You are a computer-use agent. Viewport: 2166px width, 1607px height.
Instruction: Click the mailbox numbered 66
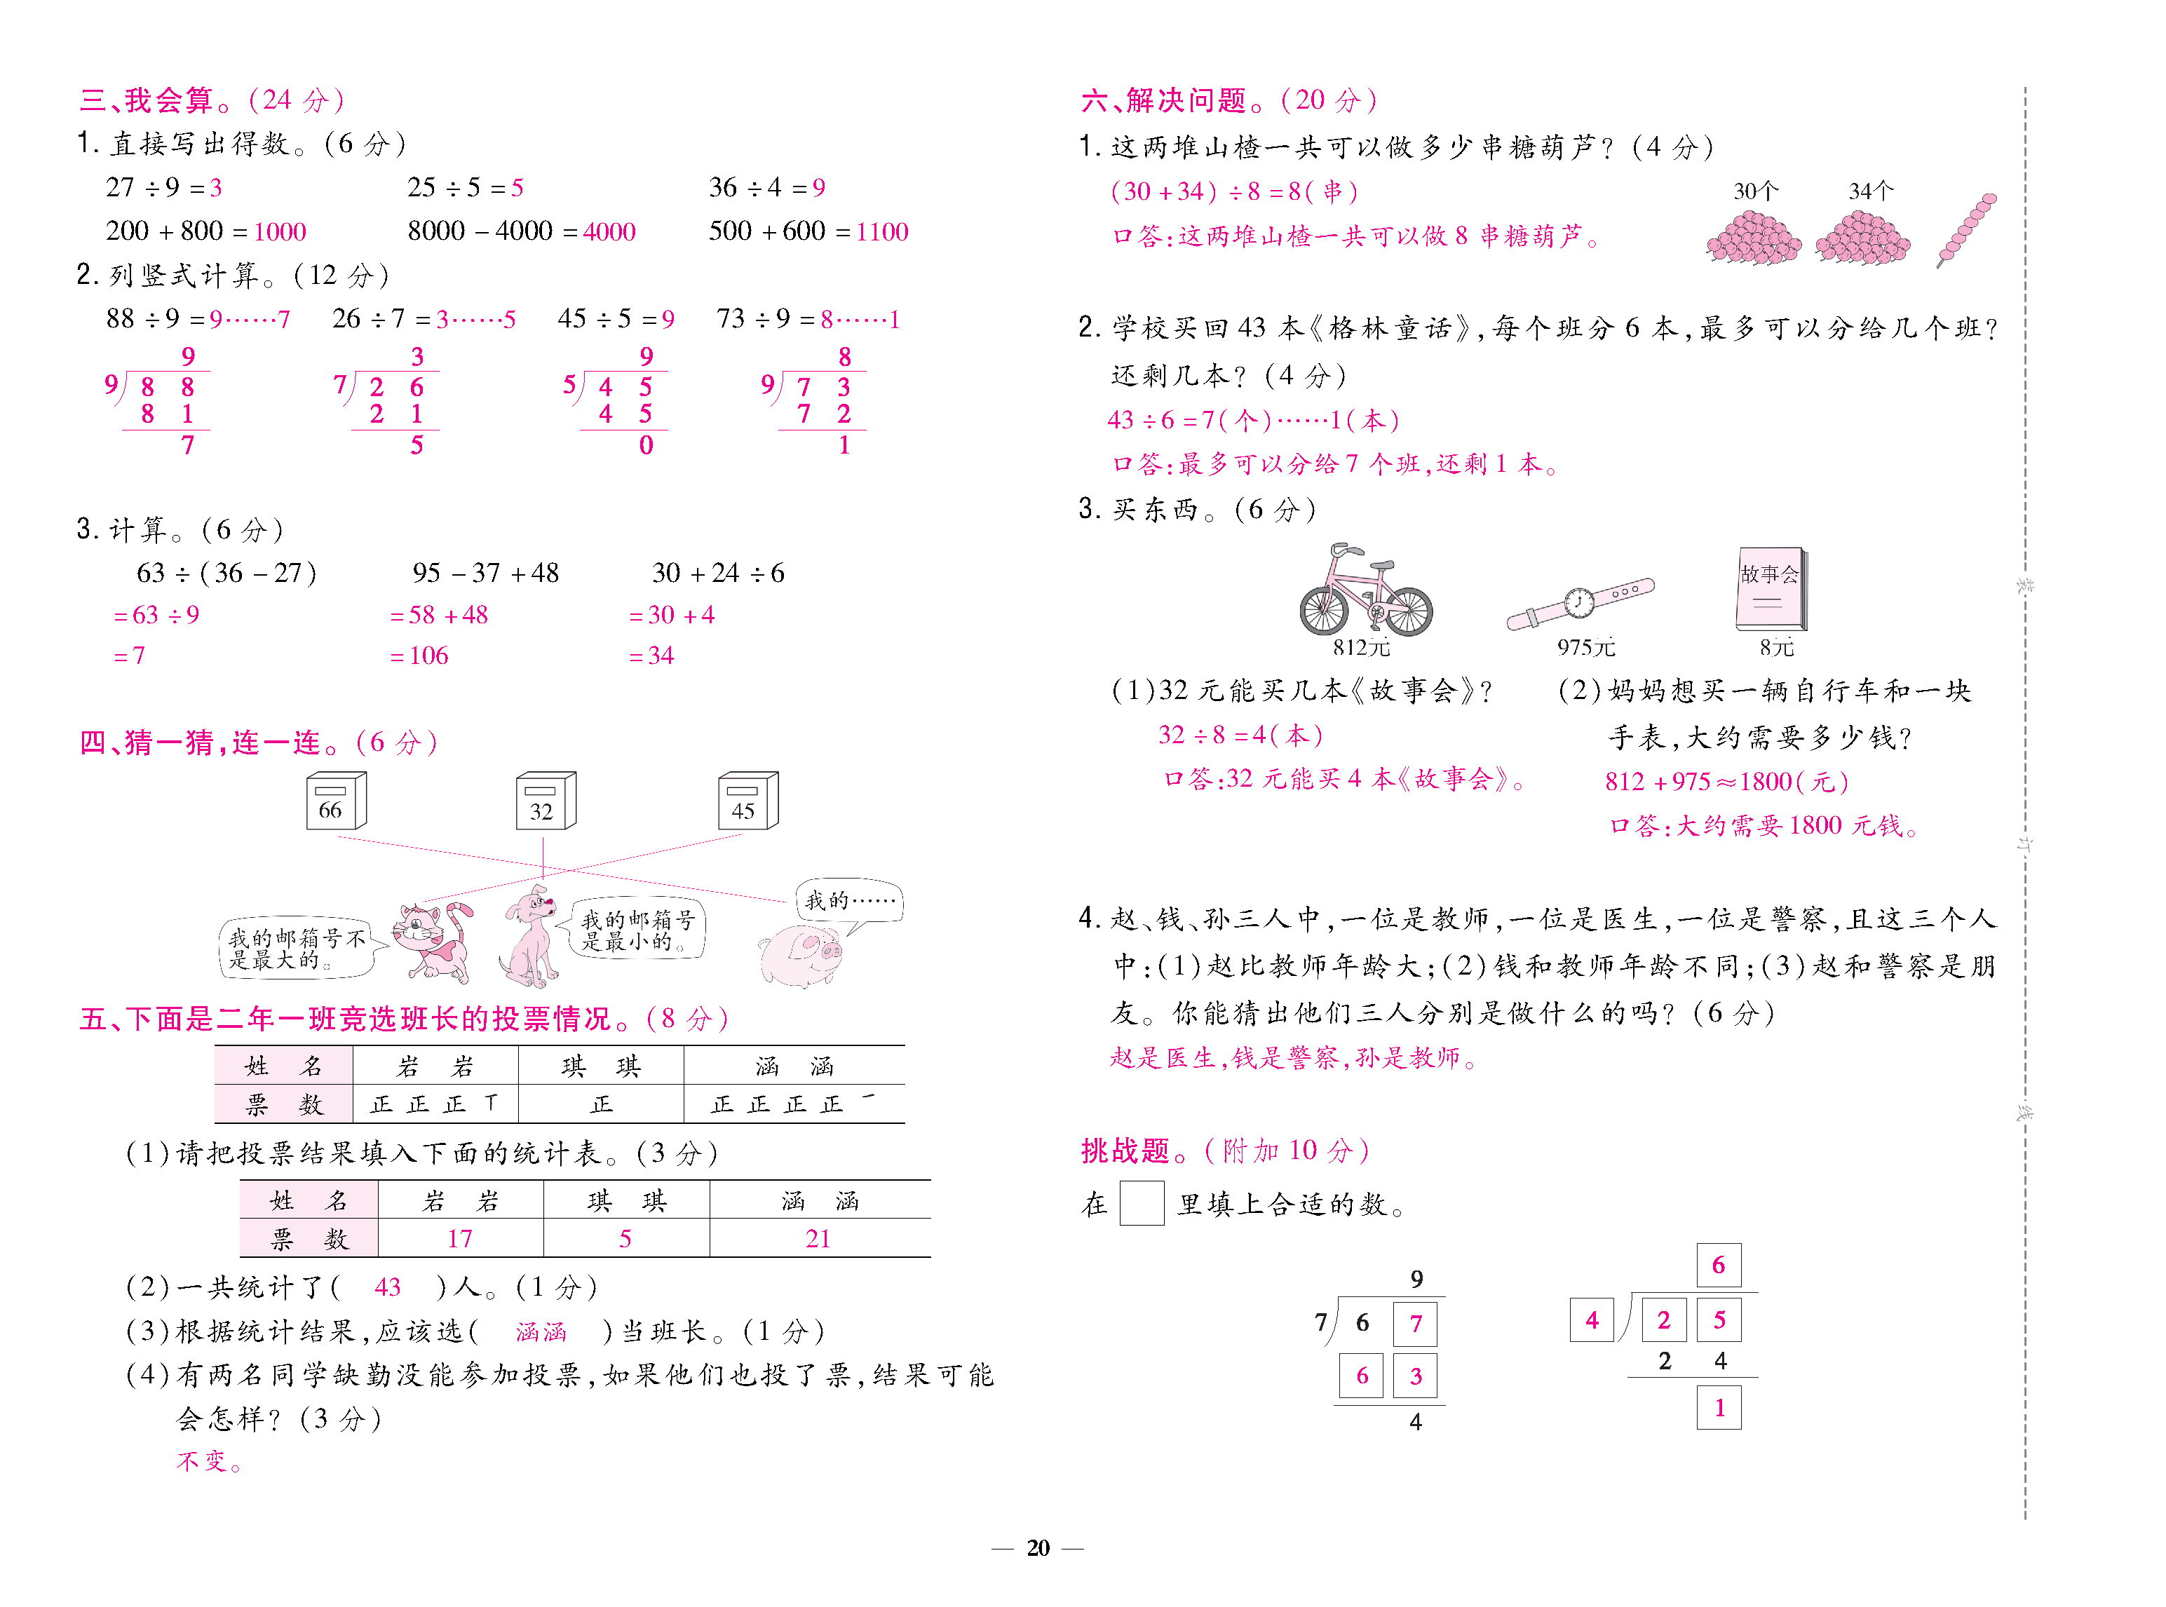tap(336, 801)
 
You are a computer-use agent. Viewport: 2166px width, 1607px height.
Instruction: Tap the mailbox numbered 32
tap(545, 801)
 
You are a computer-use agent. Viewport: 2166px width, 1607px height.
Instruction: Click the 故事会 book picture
tap(1770, 588)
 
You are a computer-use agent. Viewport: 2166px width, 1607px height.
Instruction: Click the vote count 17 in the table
tap(459, 1238)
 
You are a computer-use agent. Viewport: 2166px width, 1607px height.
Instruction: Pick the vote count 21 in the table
tap(818, 1238)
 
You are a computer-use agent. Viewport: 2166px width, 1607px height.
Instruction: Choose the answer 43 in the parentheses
tap(387, 1287)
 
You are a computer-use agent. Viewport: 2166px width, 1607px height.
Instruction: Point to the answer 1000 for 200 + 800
tap(279, 231)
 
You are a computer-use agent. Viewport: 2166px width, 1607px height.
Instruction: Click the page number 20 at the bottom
tap(1038, 1547)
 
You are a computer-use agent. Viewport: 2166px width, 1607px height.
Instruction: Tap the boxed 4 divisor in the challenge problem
tap(1591, 1320)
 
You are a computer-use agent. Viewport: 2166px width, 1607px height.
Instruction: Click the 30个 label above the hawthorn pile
tap(1756, 191)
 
